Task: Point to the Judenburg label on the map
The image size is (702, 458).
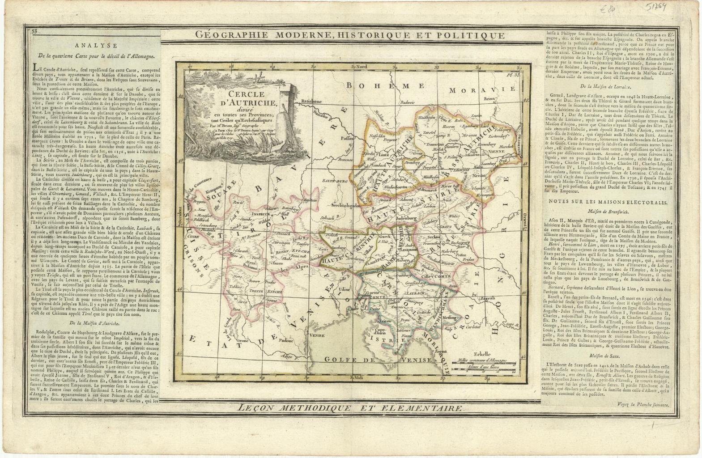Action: pos(404,218)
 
